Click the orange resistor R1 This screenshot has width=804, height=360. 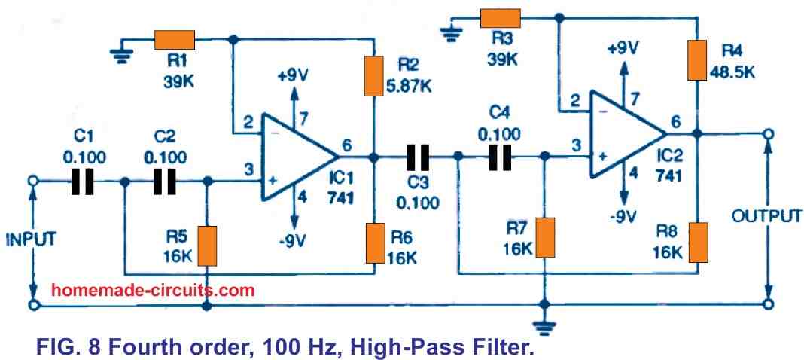(175, 38)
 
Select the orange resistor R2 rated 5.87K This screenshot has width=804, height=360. (374, 75)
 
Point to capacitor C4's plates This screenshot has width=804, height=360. (499, 157)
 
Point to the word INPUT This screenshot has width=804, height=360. (32, 240)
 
